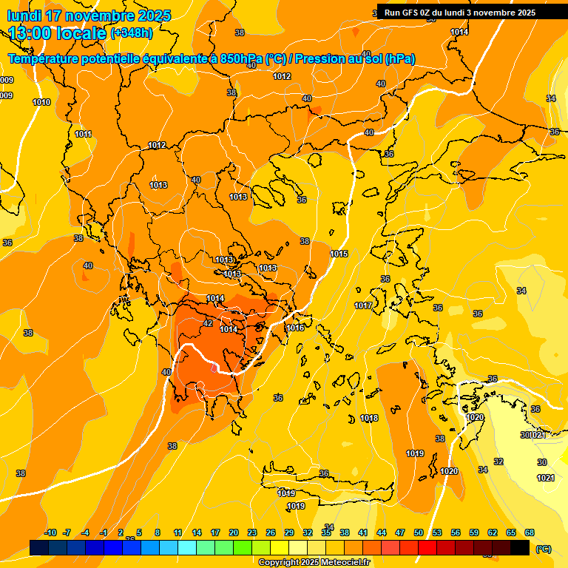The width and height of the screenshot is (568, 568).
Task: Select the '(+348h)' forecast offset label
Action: pyautogui.click(x=132, y=33)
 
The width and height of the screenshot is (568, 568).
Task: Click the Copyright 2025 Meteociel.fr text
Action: pyautogui.click(x=314, y=563)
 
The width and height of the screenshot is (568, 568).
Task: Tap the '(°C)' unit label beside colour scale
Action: pyautogui.click(x=543, y=548)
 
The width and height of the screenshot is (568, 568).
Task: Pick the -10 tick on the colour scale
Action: pyautogui.click(x=51, y=532)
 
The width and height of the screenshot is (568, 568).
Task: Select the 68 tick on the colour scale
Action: pyautogui.click(x=530, y=532)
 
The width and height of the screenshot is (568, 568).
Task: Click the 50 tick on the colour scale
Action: pyautogui.click(x=419, y=532)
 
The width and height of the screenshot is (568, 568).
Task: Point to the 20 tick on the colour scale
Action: pyautogui.click(x=234, y=532)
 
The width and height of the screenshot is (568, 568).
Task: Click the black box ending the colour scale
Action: pyautogui.click(x=520, y=547)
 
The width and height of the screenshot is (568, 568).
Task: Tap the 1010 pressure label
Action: pyautogui.click(x=42, y=103)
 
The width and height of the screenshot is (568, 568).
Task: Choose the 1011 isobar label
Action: pyautogui.click(x=84, y=134)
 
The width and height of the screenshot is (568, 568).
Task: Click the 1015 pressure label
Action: pyautogui.click(x=339, y=254)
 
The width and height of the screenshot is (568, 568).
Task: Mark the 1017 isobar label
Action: pyautogui.click(x=363, y=305)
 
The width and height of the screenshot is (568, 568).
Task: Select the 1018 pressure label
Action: pyautogui.click(x=370, y=419)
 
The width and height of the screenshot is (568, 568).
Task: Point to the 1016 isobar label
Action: pyautogui.click(x=296, y=328)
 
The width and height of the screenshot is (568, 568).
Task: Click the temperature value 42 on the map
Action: pyautogui.click(x=208, y=323)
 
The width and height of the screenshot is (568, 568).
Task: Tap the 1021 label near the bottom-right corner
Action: pyautogui.click(x=545, y=478)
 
